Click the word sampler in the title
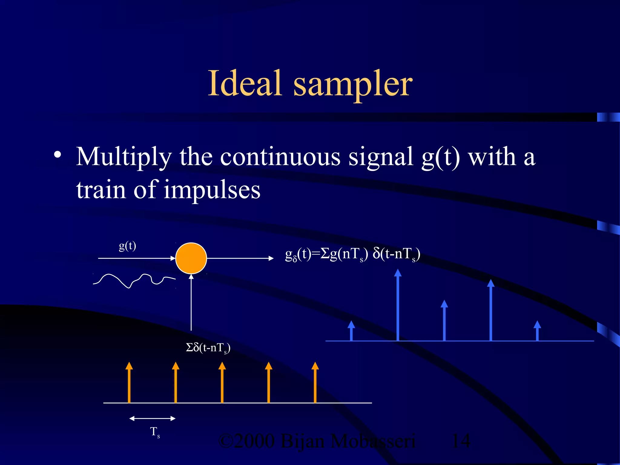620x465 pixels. (x=353, y=85)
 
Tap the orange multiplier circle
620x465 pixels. (x=191, y=258)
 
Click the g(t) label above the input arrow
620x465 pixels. (x=127, y=246)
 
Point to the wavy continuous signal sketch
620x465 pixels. (x=133, y=280)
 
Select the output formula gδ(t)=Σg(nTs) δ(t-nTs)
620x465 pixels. (x=352, y=254)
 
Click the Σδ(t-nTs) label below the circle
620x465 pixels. (x=208, y=348)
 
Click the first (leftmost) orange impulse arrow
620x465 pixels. (x=129, y=383)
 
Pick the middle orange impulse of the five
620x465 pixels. (x=222, y=383)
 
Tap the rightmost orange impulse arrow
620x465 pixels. (x=315, y=383)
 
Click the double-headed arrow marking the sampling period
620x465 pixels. (x=152, y=419)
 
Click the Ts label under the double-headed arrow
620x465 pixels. (x=155, y=432)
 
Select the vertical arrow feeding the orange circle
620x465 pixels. (x=191, y=303)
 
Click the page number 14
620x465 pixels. (x=461, y=441)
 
